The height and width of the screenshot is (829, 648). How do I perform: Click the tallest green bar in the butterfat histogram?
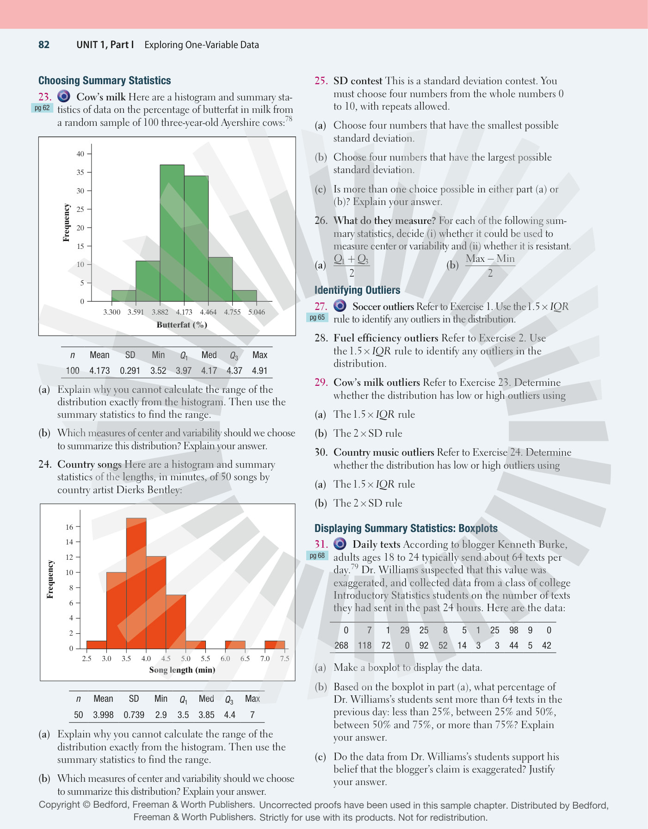[x=172, y=233]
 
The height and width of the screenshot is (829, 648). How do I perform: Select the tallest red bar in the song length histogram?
[x=136, y=583]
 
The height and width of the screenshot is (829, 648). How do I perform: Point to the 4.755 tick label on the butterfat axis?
[x=232, y=312]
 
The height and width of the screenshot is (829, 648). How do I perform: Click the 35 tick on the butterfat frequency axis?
[x=80, y=172]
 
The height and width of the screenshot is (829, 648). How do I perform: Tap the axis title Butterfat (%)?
[x=182, y=325]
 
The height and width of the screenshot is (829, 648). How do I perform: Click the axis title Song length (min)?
[x=182, y=670]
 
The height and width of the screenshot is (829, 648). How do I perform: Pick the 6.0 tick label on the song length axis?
[x=225, y=658]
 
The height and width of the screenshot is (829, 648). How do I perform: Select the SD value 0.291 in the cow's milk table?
[x=130, y=371]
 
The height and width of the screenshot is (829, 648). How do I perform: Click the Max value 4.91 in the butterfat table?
[x=260, y=371]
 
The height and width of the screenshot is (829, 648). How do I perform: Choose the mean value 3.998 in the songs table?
[x=103, y=715]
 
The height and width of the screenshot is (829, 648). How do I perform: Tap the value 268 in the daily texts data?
[x=341, y=645]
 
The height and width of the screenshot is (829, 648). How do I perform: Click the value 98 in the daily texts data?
[x=514, y=630]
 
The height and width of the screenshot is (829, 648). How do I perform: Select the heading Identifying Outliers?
[x=357, y=290]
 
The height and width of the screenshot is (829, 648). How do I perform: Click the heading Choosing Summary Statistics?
[x=105, y=80]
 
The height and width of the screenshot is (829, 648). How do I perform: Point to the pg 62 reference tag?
[x=42, y=108]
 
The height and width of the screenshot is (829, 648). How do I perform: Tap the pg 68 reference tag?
[x=317, y=556]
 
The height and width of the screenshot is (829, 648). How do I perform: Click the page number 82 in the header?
[x=44, y=44]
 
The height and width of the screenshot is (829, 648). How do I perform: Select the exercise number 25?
[x=321, y=80]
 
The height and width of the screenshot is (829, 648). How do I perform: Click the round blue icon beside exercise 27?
[x=340, y=306]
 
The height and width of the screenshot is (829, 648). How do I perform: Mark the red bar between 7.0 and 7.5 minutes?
[x=275, y=645]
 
